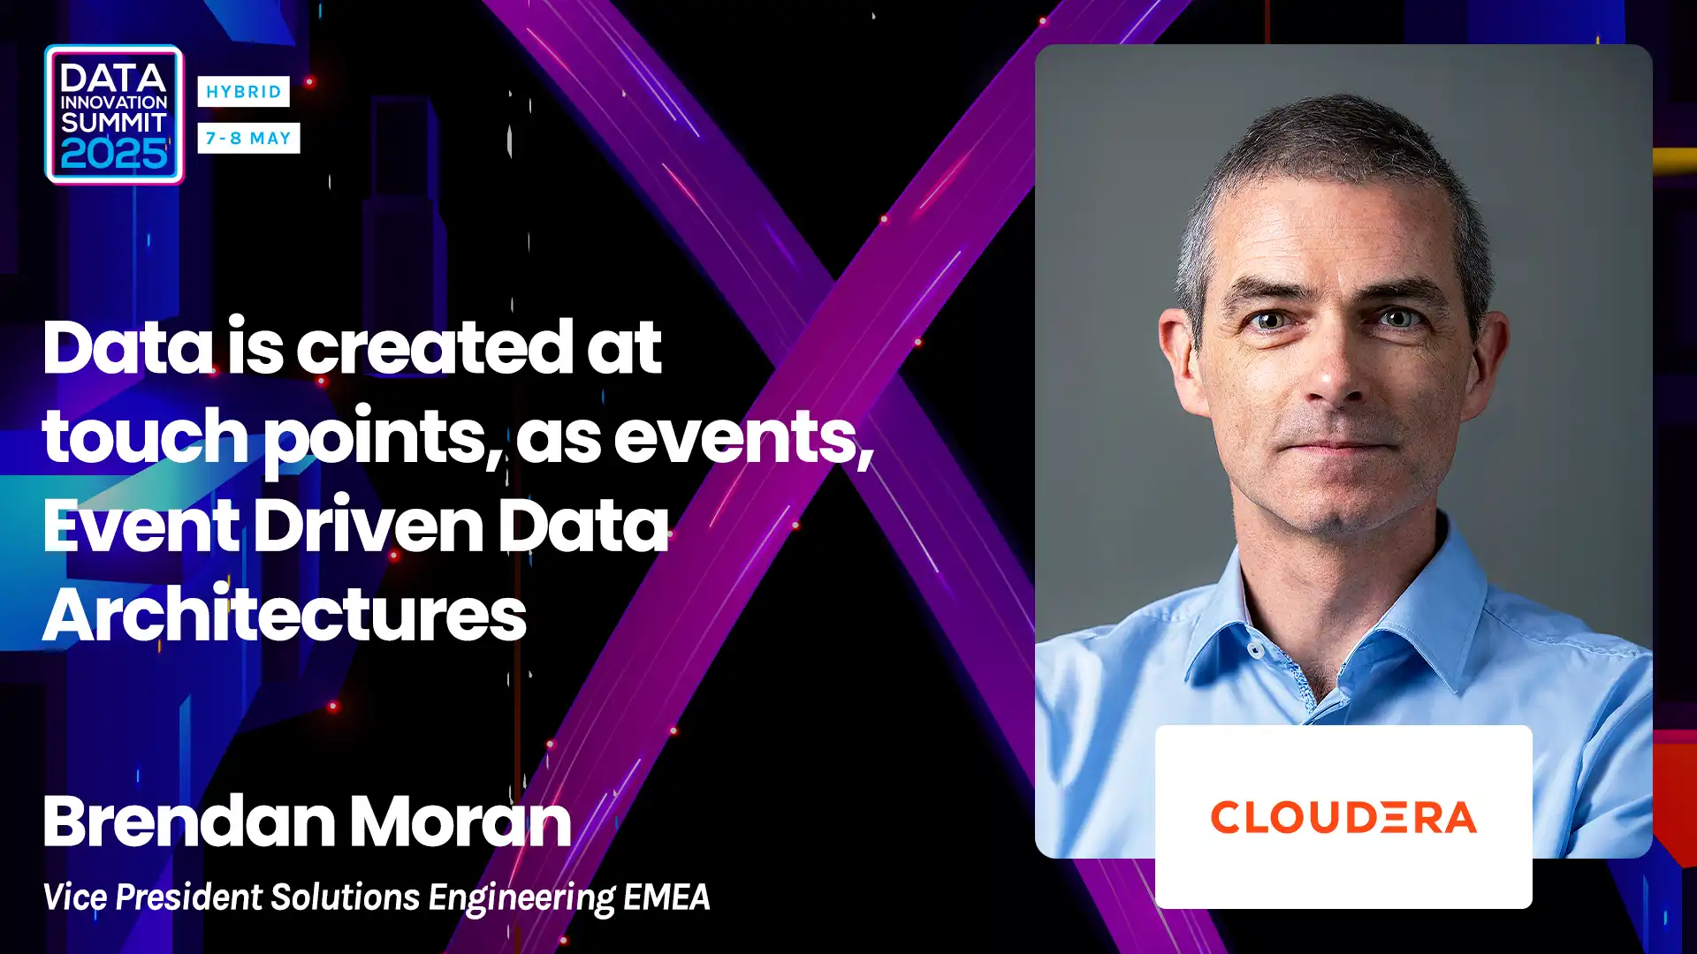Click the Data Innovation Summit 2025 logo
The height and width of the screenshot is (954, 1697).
(x=114, y=115)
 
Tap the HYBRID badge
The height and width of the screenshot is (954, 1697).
(x=243, y=91)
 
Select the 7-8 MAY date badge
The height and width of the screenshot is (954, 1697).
(x=248, y=138)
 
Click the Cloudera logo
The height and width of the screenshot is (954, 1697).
(x=1343, y=817)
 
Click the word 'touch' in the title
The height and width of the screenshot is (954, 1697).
(x=145, y=435)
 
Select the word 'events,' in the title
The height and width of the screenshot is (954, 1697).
(x=743, y=437)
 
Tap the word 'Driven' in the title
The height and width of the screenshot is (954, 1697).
(x=369, y=525)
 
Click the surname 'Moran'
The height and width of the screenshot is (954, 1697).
(x=460, y=821)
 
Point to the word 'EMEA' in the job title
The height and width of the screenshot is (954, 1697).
(x=666, y=897)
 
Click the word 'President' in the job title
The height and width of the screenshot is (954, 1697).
(x=189, y=897)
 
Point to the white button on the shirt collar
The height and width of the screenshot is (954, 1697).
(x=1256, y=650)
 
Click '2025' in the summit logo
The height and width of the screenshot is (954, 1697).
(x=114, y=155)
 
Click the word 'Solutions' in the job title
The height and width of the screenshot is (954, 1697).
(x=346, y=897)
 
